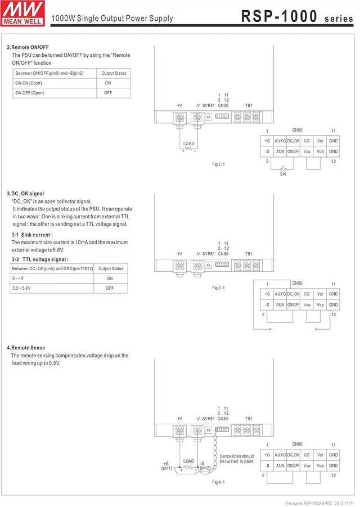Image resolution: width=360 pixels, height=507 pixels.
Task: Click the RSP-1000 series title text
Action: [x=297, y=17]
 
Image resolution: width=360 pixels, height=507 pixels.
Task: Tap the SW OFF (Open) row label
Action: [x=29, y=93]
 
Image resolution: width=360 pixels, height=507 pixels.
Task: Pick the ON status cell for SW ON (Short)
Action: [x=108, y=83]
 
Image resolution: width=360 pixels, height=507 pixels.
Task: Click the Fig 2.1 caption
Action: [x=218, y=164]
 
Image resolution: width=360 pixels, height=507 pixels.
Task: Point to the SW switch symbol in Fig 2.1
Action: [x=283, y=168]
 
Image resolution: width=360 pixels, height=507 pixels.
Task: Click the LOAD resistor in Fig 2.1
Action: [x=189, y=149]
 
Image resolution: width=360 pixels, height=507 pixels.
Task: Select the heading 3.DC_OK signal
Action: [x=25, y=194]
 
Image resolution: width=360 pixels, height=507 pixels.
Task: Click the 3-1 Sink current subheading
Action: [x=32, y=235]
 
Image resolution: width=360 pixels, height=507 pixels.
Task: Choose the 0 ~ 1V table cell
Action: [x=18, y=279]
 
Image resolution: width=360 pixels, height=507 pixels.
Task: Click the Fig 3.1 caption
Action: [x=218, y=288]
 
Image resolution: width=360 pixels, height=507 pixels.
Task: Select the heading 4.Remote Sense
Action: [x=26, y=348]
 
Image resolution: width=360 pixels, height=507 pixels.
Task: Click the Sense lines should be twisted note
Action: [x=236, y=459]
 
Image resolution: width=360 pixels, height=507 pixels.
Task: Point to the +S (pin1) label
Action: [x=167, y=465]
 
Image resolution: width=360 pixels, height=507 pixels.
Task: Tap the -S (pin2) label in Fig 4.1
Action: [x=205, y=465]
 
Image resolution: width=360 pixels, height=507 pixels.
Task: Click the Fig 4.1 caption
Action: [x=218, y=482]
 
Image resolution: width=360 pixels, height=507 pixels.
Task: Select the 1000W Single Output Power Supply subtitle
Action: [x=112, y=19]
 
